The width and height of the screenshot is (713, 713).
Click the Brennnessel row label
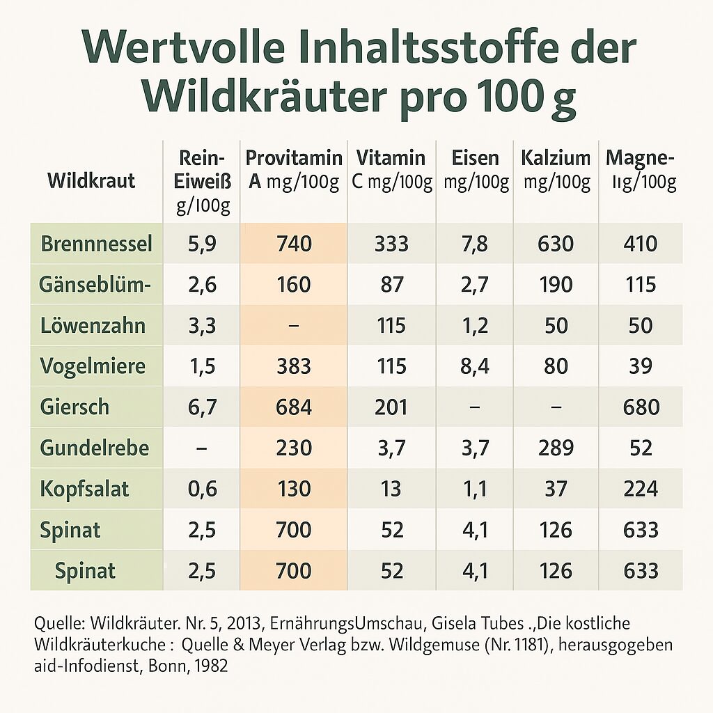point(97,244)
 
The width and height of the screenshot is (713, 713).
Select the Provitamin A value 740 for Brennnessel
point(294,244)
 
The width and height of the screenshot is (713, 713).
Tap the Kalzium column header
point(556,170)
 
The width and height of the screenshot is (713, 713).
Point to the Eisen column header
point(476,170)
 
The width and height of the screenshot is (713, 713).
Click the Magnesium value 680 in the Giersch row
point(641,407)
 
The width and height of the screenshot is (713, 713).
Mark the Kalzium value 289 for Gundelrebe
point(556,447)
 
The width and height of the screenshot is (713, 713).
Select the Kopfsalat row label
point(85,488)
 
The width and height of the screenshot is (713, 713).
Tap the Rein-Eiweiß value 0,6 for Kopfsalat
point(202,488)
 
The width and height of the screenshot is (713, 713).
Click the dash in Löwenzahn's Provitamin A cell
point(294,325)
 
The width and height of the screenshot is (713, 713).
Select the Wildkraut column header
point(91,181)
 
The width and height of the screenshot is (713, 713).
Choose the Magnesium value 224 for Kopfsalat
point(641,488)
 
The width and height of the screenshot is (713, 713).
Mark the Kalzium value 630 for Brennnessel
point(556,244)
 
